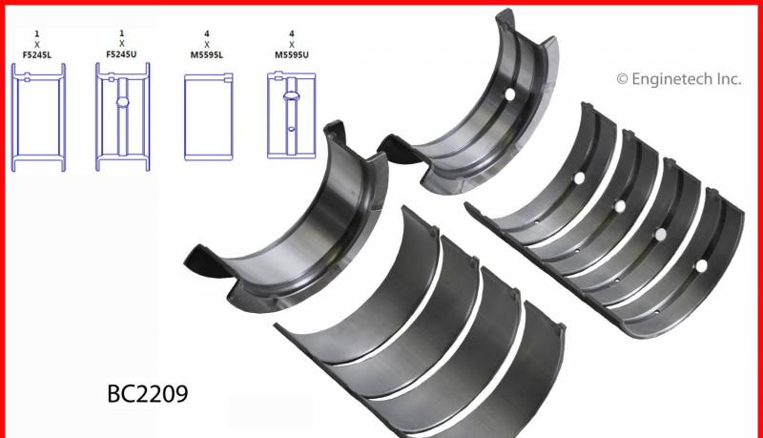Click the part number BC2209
point(148,394)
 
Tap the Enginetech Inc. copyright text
point(679,79)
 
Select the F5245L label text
point(37,54)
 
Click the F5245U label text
point(121,54)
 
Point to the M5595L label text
point(207,55)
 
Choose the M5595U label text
point(292,55)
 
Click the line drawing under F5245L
point(38,117)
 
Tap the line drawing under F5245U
point(123,116)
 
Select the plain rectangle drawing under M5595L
point(208,116)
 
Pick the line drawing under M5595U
point(292,115)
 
